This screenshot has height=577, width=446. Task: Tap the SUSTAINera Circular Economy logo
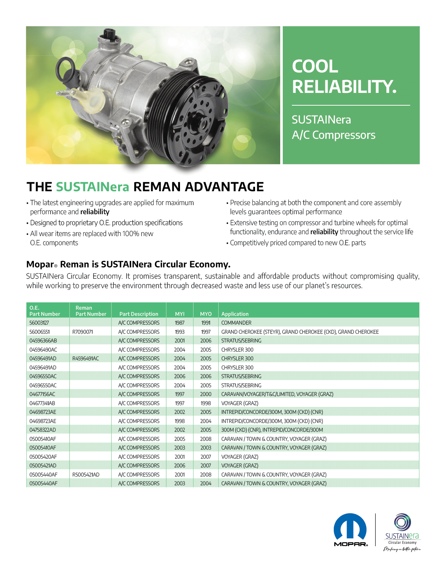tap(402, 532)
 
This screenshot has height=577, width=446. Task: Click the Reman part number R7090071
tap(83, 332)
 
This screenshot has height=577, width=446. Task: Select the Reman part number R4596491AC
tap(86, 358)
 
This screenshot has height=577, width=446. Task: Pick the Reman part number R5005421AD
tap(86, 475)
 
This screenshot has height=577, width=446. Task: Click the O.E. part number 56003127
tap(39, 323)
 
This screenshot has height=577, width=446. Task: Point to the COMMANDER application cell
tap(236, 323)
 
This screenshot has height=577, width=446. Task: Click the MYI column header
tap(180, 314)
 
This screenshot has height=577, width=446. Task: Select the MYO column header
tap(206, 314)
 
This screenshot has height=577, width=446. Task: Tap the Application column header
tap(235, 314)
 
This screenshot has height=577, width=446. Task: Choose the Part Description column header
tap(139, 314)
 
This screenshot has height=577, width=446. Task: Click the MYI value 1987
tap(180, 323)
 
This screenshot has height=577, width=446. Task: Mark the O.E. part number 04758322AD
tap(43, 430)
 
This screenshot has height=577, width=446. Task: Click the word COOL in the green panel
tap(315, 67)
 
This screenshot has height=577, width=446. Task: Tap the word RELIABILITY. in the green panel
tap(344, 87)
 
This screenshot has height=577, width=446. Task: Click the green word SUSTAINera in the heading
tap(93, 187)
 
